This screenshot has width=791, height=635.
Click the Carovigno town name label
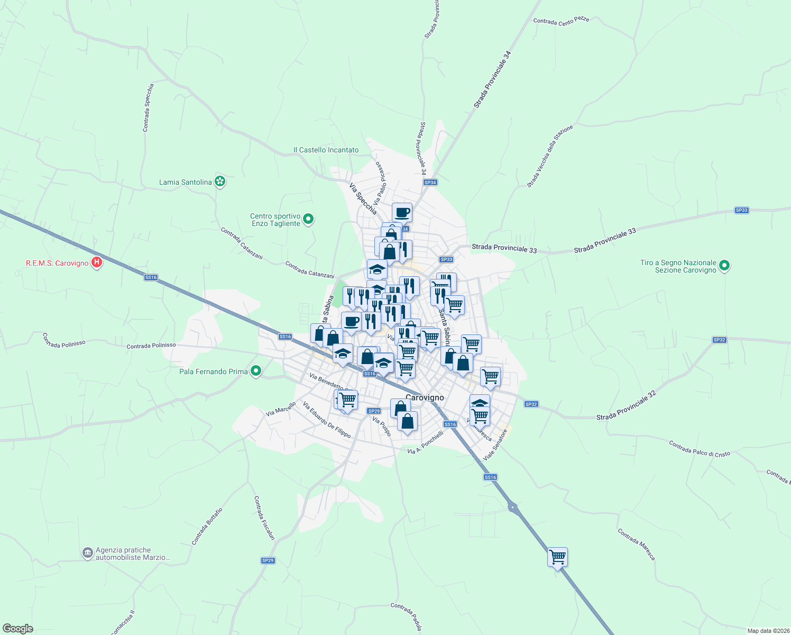tap(425, 397)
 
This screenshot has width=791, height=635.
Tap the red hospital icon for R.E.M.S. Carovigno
tap(96, 262)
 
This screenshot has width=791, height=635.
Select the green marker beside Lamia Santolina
tap(220, 182)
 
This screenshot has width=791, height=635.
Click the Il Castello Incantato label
tap(326, 150)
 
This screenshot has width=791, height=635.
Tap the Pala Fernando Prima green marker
tap(256, 371)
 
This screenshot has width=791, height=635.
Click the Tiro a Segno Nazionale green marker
tap(724, 266)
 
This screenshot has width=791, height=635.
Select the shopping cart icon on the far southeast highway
tap(557, 557)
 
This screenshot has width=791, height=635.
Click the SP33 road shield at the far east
tap(741, 210)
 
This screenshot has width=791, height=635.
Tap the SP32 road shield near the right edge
tap(719, 340)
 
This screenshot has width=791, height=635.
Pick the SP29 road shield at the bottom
tap(268, 560)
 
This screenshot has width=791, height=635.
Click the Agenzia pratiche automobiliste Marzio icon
tap(87, 553)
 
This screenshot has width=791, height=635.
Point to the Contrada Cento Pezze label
tap(560, 21)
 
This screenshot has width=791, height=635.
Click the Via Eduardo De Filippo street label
tap(327, 420)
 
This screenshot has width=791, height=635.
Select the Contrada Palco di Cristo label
tap(699, 449)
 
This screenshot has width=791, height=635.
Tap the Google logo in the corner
tap(18, 628)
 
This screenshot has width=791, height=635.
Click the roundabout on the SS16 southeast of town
tap(512, 507)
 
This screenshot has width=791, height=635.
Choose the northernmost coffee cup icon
tap(402, 212)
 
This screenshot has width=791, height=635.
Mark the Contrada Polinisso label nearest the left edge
tap(63, 340)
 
